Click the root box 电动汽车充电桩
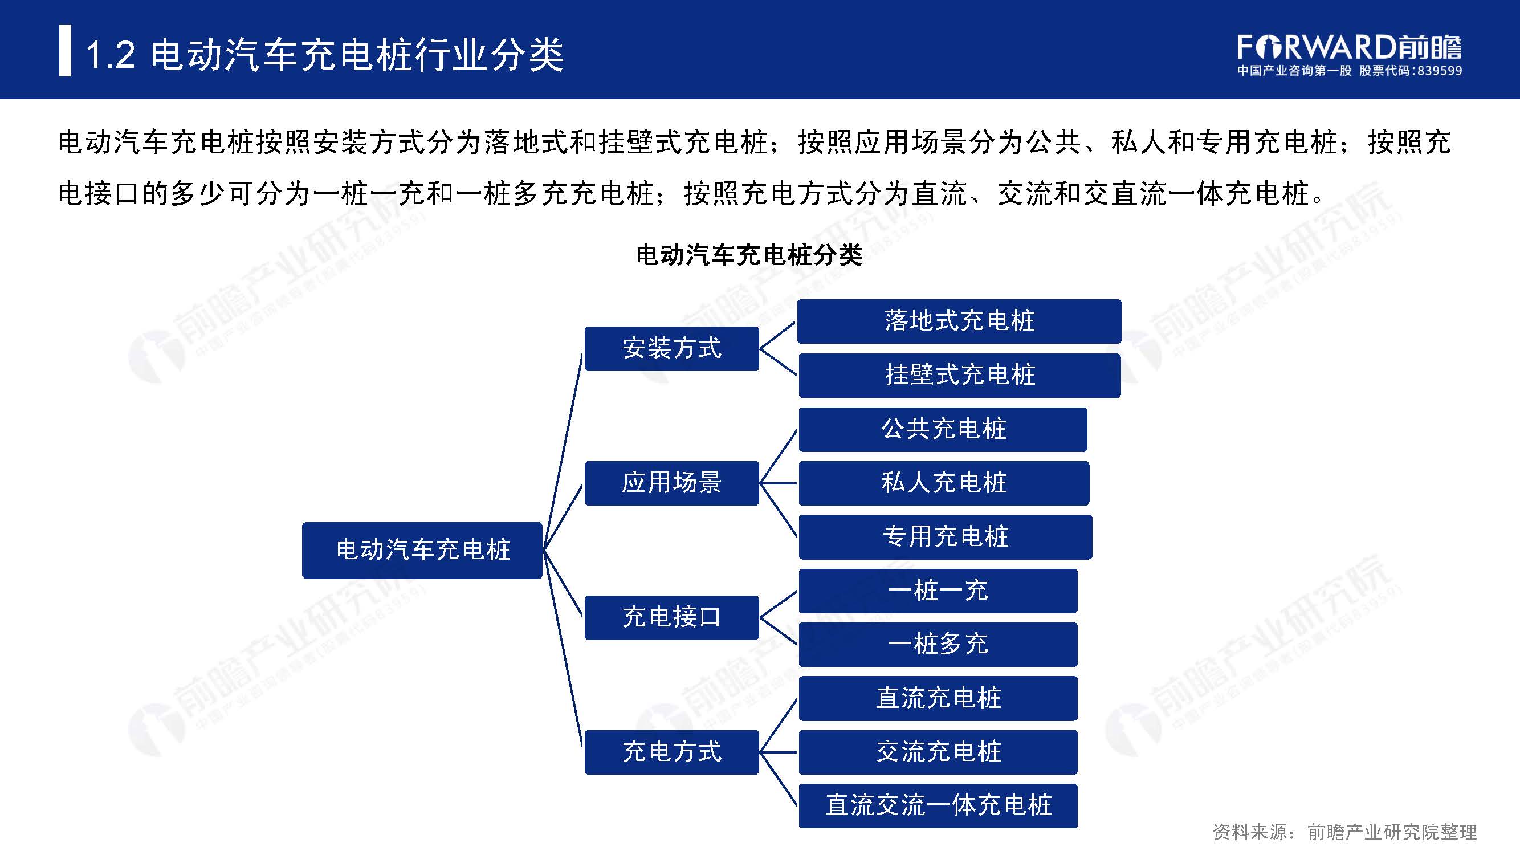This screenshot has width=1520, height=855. (x=422, y=550)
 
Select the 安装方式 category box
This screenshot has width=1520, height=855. (x=671, y=348)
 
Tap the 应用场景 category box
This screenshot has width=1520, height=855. (x=671, y=483)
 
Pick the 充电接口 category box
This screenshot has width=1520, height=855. (x=671, y=617)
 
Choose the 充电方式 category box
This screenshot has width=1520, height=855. (x=671, y=752)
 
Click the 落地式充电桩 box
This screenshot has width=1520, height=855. (x=959, y=321)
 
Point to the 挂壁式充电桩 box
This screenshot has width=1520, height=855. (x=959, y=375)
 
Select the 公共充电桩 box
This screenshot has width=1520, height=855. (x=943, y=429)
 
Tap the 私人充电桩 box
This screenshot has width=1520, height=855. (x=944, y=483)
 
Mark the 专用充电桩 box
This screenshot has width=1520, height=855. (x=946, y=537)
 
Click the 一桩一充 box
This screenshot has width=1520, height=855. (x=938, y=591)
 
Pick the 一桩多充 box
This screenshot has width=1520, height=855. (x=938, y=644)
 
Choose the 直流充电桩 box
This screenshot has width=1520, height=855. (x=938, y=698)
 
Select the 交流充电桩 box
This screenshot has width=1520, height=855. (x=938, y=752)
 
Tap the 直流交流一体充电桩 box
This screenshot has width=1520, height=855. (x=938, y=805)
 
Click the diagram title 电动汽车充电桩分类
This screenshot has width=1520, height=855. (x=749, y=255)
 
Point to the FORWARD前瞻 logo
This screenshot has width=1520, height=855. (x=1349, y=47)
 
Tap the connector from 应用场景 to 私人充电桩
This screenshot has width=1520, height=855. (x=779, y=483)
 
